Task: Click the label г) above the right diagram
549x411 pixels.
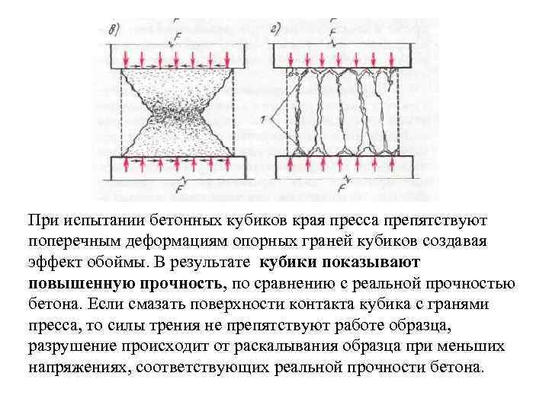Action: tap(276, 30)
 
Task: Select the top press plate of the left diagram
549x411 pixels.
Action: tap(177, 56)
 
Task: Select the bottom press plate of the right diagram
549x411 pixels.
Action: tap(340, 166)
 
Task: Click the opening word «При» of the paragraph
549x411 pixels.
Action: tap(42, 221)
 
